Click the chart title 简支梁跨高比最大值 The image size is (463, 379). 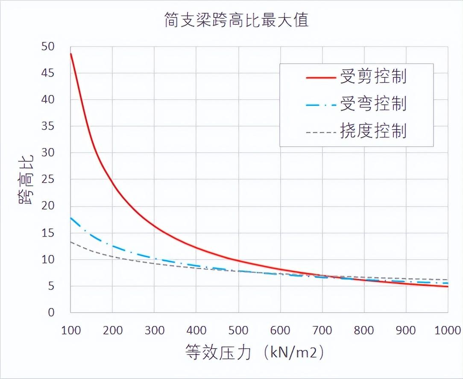click(x=236, y=20)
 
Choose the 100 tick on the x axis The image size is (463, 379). click(x=70, y=330)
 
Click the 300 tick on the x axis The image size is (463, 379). click(x=154, y=330)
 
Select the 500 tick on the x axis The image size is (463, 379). click(x=238, y=330)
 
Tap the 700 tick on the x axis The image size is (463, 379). click(x=322, y=330)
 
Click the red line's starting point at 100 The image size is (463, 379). click(x=71, y=53)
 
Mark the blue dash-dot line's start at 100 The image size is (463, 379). click(x=71, y=218)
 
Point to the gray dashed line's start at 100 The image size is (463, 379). click(x=71, y=242)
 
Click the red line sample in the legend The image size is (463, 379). click(x=321, y=77)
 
